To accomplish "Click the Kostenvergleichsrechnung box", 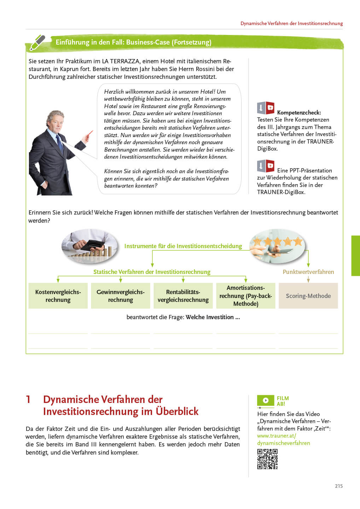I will (x=58, y=296).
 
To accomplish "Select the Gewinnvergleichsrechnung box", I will (x=121, y=296).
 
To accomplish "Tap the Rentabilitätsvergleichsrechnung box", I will (x=183, y=296).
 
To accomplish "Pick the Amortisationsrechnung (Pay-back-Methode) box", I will (x=246, y=296).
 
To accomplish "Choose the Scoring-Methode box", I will (x=308, y=296).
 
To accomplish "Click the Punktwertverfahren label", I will (x=308, y=272).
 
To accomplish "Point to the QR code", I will (x=267, y=459).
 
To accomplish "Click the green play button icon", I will (x=266, y=400).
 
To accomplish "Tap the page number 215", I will (x=339, y=486).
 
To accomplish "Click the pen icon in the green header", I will (x=37, y=42).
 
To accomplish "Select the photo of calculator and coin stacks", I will (x=90, y=246).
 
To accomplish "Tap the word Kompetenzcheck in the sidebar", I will (x=299, y=112).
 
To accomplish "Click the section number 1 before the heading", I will (x=28, y=399).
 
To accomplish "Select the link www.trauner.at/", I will (x=277, y=436).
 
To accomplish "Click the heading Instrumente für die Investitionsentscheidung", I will (x=183, y=246).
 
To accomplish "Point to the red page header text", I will (x=292, y=23).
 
